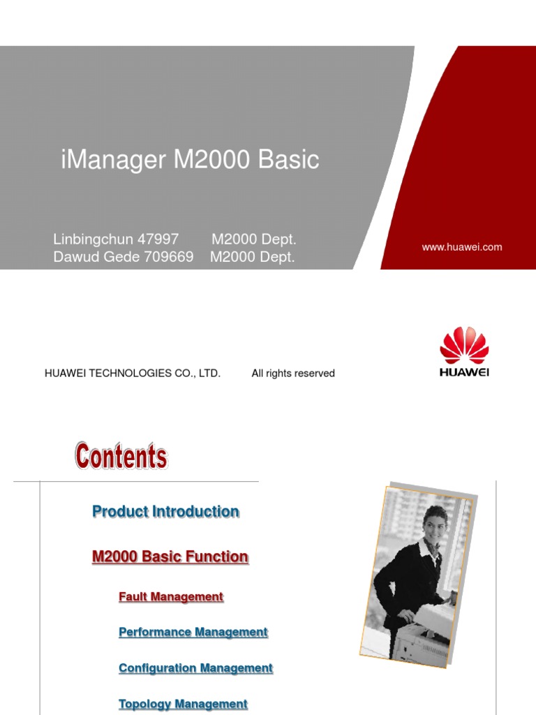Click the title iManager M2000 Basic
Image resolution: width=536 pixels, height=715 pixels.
pyautogui.click(x=190, y=160)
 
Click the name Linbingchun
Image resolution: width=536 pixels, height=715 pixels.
pyautogui.click(x=93, y=239)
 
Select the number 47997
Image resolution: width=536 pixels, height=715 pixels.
pyautogui.click(x=158, y=239)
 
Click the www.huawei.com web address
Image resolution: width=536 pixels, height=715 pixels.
pyautogui.click(x=461, y=247)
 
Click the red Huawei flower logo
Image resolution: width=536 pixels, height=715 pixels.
pyautogui.click(x=464, y=346)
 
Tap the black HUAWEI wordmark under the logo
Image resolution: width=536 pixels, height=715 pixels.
pyautogui.click(x=464, y=372)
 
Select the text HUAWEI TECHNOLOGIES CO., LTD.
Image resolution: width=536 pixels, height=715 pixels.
pyautogui.click(x=133, y=374)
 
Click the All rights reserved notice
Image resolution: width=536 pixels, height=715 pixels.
pyautogui.click(x=293, y=374)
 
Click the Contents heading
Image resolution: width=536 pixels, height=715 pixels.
pyautogui.click(x=121, y=457)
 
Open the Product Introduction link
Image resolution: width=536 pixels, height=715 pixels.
pyautogui.click(x=165, y=512)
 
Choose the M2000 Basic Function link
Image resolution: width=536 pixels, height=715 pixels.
pyautogui.click(x=170, y=556)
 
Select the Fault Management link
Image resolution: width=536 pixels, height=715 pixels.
pyautogui.click(x=171, y=597)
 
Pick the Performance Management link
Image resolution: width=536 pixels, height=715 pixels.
pyautogui.click(x=193, y=632)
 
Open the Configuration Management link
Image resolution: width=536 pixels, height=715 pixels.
pyautogui.click(x=195, y=668)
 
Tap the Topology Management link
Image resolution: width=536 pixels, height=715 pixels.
pyautogui.click(x=183, y=704)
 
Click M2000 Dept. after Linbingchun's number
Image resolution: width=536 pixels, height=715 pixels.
pyautogui.click(x=254, y=239)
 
